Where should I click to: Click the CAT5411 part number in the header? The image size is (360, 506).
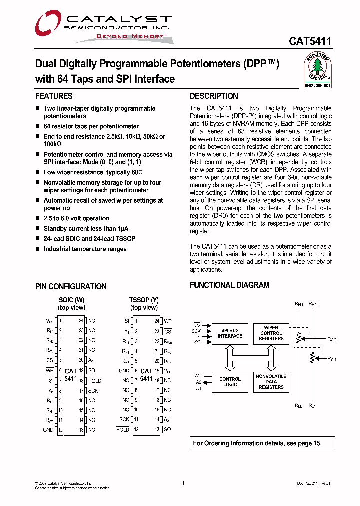pos(309,42)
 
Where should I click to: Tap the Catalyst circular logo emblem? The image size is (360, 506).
pos(48,23)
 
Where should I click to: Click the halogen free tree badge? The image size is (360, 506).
pos(318,70)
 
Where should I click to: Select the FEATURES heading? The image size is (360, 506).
pos(54,96)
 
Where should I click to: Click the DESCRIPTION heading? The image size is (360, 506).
pos(214,96)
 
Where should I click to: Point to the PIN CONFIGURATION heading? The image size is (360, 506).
pos(71,287)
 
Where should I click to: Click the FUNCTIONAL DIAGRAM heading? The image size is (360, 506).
pos(229,285)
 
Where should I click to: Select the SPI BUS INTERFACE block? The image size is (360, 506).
pos(230,333)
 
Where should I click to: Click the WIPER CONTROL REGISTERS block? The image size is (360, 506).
pos(271,333)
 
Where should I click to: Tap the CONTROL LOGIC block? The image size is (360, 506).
pos(230,382)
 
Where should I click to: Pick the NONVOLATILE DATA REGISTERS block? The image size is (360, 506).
pos(271,382)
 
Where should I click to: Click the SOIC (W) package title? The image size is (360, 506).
pos(72,300)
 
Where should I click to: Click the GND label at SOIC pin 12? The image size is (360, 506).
pos(48,430)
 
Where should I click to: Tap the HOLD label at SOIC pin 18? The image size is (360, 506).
pos(94,380)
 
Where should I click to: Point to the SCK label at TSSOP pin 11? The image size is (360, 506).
pos(124,420)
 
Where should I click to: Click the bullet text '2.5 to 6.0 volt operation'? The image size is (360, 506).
pos(76,218)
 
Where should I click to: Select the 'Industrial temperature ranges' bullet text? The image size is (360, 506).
pos(85,249)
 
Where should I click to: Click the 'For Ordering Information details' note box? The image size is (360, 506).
pos(262,443)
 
